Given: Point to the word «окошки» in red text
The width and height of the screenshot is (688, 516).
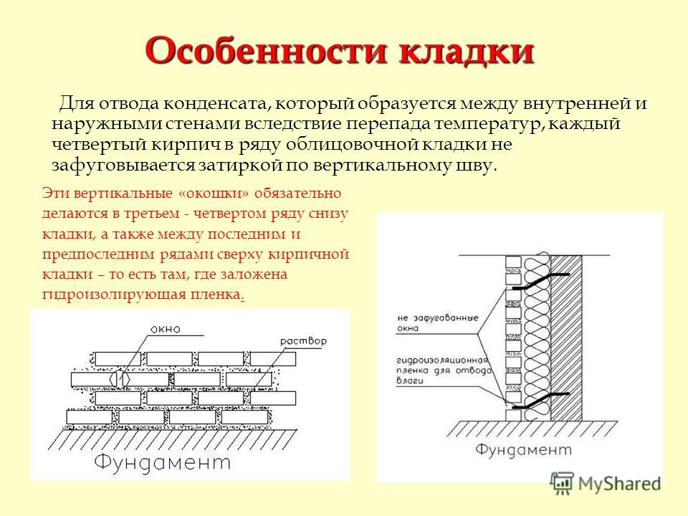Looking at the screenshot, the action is tap(216, 193).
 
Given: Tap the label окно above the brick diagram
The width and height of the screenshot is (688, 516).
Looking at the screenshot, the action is tap(166, 329).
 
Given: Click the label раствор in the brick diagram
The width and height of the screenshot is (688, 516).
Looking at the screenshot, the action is tap(304, 341).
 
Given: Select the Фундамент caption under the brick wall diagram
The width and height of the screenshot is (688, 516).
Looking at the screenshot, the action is tap(163, 462).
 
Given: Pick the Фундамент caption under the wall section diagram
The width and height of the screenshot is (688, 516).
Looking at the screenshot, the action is tap(523, 450).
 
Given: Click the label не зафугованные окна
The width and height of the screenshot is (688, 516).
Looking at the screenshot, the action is tap(437, 322).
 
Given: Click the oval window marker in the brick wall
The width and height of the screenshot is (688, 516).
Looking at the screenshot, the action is tap(120, 378).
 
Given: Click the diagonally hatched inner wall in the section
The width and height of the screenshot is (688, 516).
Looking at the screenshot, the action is tap(566, 338).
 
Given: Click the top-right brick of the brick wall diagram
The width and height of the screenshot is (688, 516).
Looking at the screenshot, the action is tap(272, 359).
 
